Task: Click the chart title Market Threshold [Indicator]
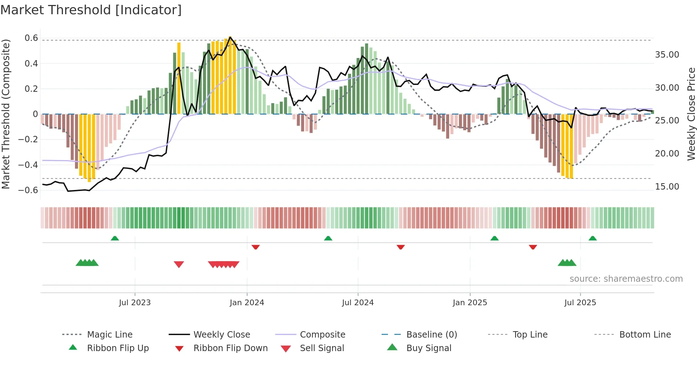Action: (91, 10)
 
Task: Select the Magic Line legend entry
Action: (110, 335)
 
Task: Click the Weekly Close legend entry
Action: (222, 335)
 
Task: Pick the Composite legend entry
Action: (322, 335)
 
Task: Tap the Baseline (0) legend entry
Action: (431, 335)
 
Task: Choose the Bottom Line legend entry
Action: (645, 335)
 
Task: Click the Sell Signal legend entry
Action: (321, 348)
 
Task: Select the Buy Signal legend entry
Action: (429, 348)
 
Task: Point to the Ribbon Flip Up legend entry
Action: (118, 348)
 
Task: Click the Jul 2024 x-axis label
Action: (358, 303)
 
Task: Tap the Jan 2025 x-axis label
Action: (470, 303)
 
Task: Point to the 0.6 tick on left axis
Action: (31, 38)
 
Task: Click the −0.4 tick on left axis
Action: (28, 165)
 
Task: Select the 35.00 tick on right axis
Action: (667, 55)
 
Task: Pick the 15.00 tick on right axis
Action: (667, 187)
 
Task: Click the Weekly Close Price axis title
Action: (691, 114)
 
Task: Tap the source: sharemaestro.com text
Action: (626, 279)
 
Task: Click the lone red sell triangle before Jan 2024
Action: (179, 264)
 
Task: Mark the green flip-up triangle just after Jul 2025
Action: (592, 238)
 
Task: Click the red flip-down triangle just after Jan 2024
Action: (255, 247)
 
